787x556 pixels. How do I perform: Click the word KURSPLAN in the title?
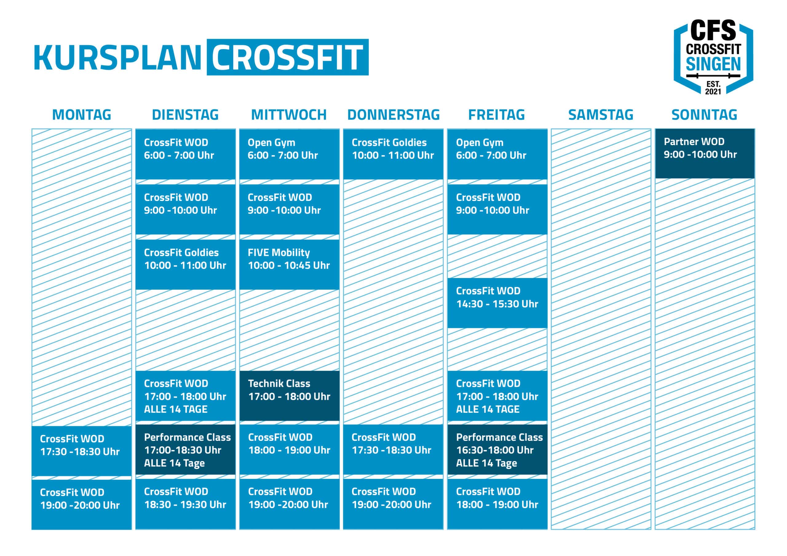click(117, 57)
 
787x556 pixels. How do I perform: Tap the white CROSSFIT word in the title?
click(287, 57)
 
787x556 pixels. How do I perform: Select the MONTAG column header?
click(81, 115)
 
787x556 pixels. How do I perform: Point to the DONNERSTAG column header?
click(393, 115)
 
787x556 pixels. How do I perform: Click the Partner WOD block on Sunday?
click(705, 154)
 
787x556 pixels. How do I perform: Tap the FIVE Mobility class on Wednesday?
click(289, 264)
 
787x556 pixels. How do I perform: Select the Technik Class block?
click(289, 396)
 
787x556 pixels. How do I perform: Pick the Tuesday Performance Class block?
click(185, 449)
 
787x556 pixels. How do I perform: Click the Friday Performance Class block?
click(497, 449)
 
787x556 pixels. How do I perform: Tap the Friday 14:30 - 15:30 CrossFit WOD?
click(497, 303)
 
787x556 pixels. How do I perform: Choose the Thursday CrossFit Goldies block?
click(393, 154)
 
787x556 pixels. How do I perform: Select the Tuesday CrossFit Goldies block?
click(185, 264)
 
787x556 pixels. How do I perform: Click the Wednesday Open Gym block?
click(289, 154)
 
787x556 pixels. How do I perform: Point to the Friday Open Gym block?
click(497, 154)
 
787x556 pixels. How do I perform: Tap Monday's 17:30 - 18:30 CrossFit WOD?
click(81, 451)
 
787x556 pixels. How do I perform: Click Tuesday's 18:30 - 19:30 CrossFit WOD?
click(185, 504)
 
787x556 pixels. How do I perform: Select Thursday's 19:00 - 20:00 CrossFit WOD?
click(393, 504)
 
